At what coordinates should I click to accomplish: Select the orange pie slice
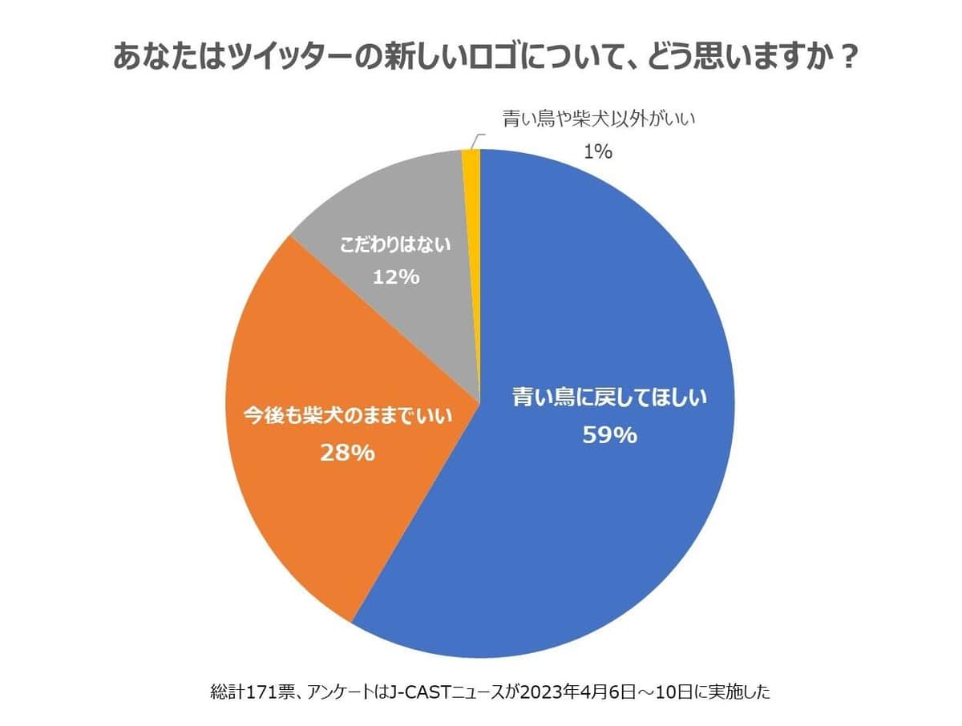[305, 513]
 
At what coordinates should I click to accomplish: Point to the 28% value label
[347, 453]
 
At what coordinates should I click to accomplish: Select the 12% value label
[396, 277]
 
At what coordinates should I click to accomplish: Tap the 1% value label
[598, 151]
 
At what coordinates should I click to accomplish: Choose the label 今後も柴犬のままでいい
[347, 417]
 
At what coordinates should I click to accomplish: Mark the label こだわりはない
[396, 244]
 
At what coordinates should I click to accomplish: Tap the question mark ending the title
[839, 58]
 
